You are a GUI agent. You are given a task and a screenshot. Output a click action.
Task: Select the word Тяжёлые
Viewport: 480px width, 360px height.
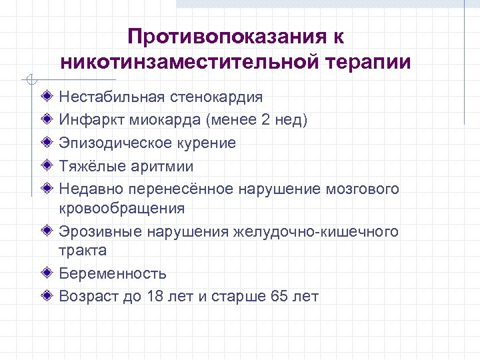tap(91, 165)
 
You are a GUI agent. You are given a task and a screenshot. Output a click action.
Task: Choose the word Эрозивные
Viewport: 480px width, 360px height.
tap(96, 231)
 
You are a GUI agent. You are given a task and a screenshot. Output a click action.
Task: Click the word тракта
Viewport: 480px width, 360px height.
tap(82, 251)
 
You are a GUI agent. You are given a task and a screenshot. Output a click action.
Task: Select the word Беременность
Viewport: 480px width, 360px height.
tap(113, 273)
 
